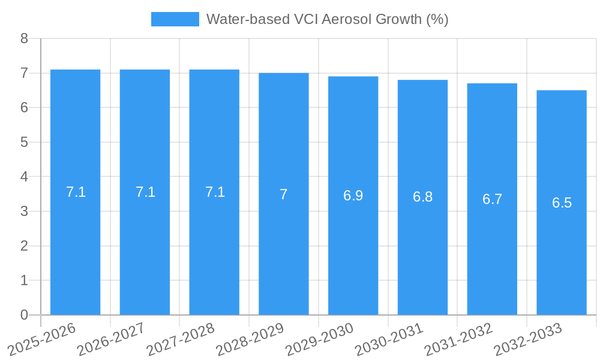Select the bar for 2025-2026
[x=75, y=192]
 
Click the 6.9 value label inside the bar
[x=353, y=196]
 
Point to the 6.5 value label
[x=562, y=203]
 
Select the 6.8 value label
[x=422, y=197]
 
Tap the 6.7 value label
[x=492, y=200]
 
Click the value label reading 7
[x=284, y=194]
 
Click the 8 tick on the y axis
[x=24, y=38]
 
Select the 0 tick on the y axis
[x=24, y=315]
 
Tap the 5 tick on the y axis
[x=24, y=142]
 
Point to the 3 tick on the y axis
[x=24, y=211]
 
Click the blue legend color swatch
[x=175, y=19]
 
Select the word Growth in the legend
[x=399, y=19]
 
